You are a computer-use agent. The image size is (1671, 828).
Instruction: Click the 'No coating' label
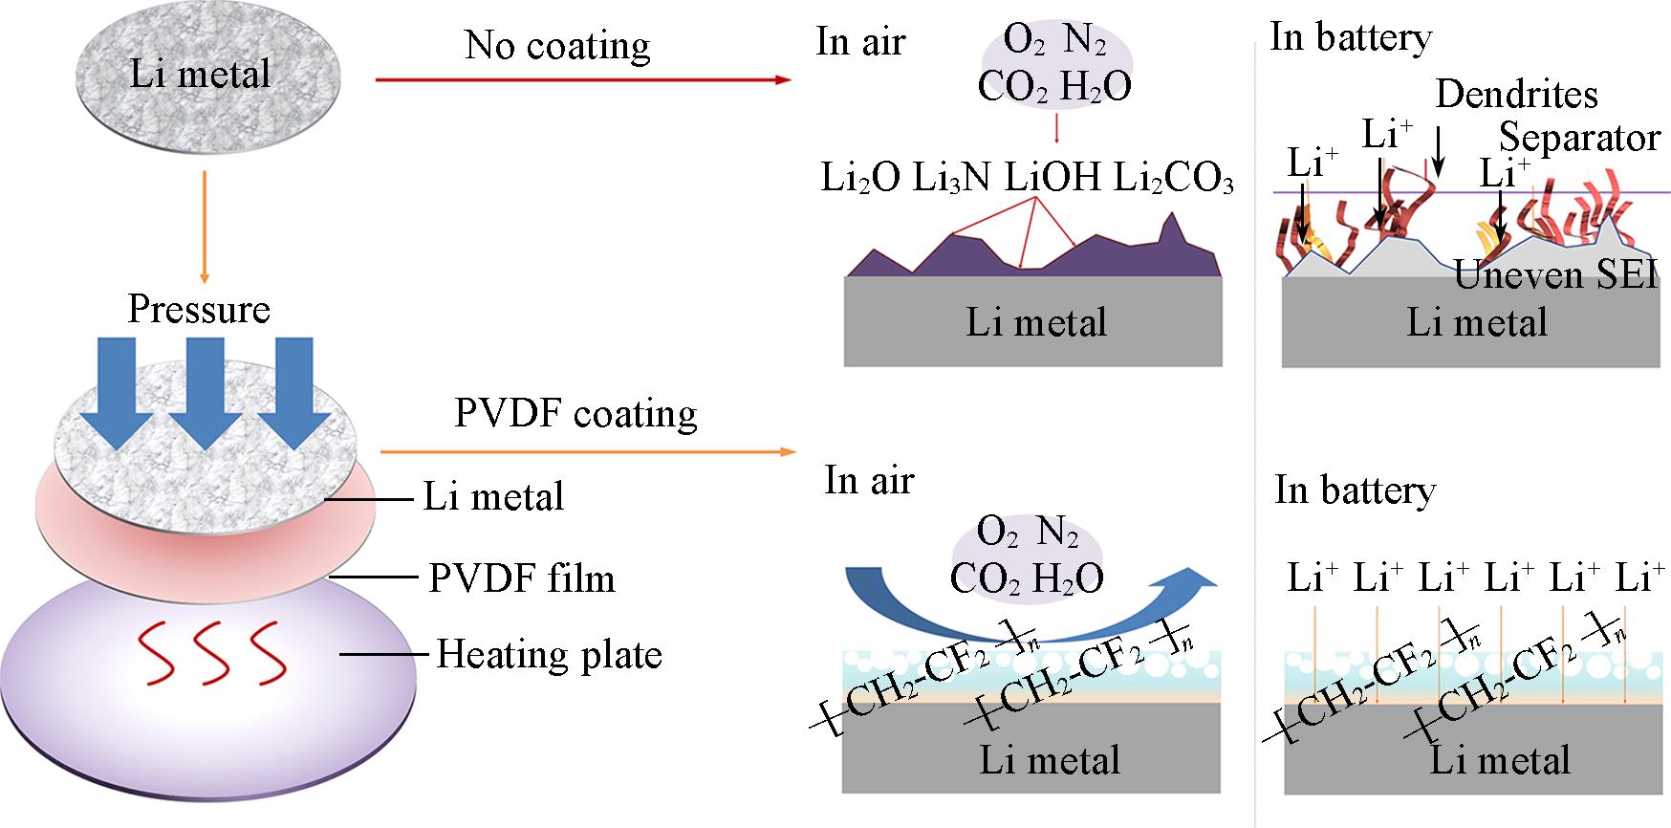pyautogui.click(x=557, y=45)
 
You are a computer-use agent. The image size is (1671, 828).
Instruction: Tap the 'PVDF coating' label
pyautogui.click(x=575, y=413)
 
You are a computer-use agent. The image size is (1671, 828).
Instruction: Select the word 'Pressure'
pyautogui.click(x=199, y=309)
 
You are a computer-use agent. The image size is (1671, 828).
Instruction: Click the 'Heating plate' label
pyautogui.click(x=549, y=655)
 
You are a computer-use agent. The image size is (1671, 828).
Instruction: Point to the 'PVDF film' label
pyautogui.click(x=521, y=578)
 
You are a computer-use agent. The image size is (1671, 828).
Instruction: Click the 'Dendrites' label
pyautogui.click(x=1516, y=94)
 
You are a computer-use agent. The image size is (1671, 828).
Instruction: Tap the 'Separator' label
pyautogui.click(x=1578, y=138)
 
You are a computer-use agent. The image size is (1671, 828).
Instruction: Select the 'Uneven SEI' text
pyautogui.click(x=1554, y=274)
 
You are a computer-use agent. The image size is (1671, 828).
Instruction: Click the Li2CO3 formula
pyautogui.click(x=1173, y=178)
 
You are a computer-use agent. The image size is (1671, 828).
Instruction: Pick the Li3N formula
pyautogui.click(x=951, y=178)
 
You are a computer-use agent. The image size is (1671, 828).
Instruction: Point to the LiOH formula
pyautogui.click(x=1052, y=178)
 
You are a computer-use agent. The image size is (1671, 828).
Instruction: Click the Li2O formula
pyautogui.click(x=860, y=178)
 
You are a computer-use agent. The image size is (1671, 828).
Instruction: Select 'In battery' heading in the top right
pyautogui.click(x=1350, y=37)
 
